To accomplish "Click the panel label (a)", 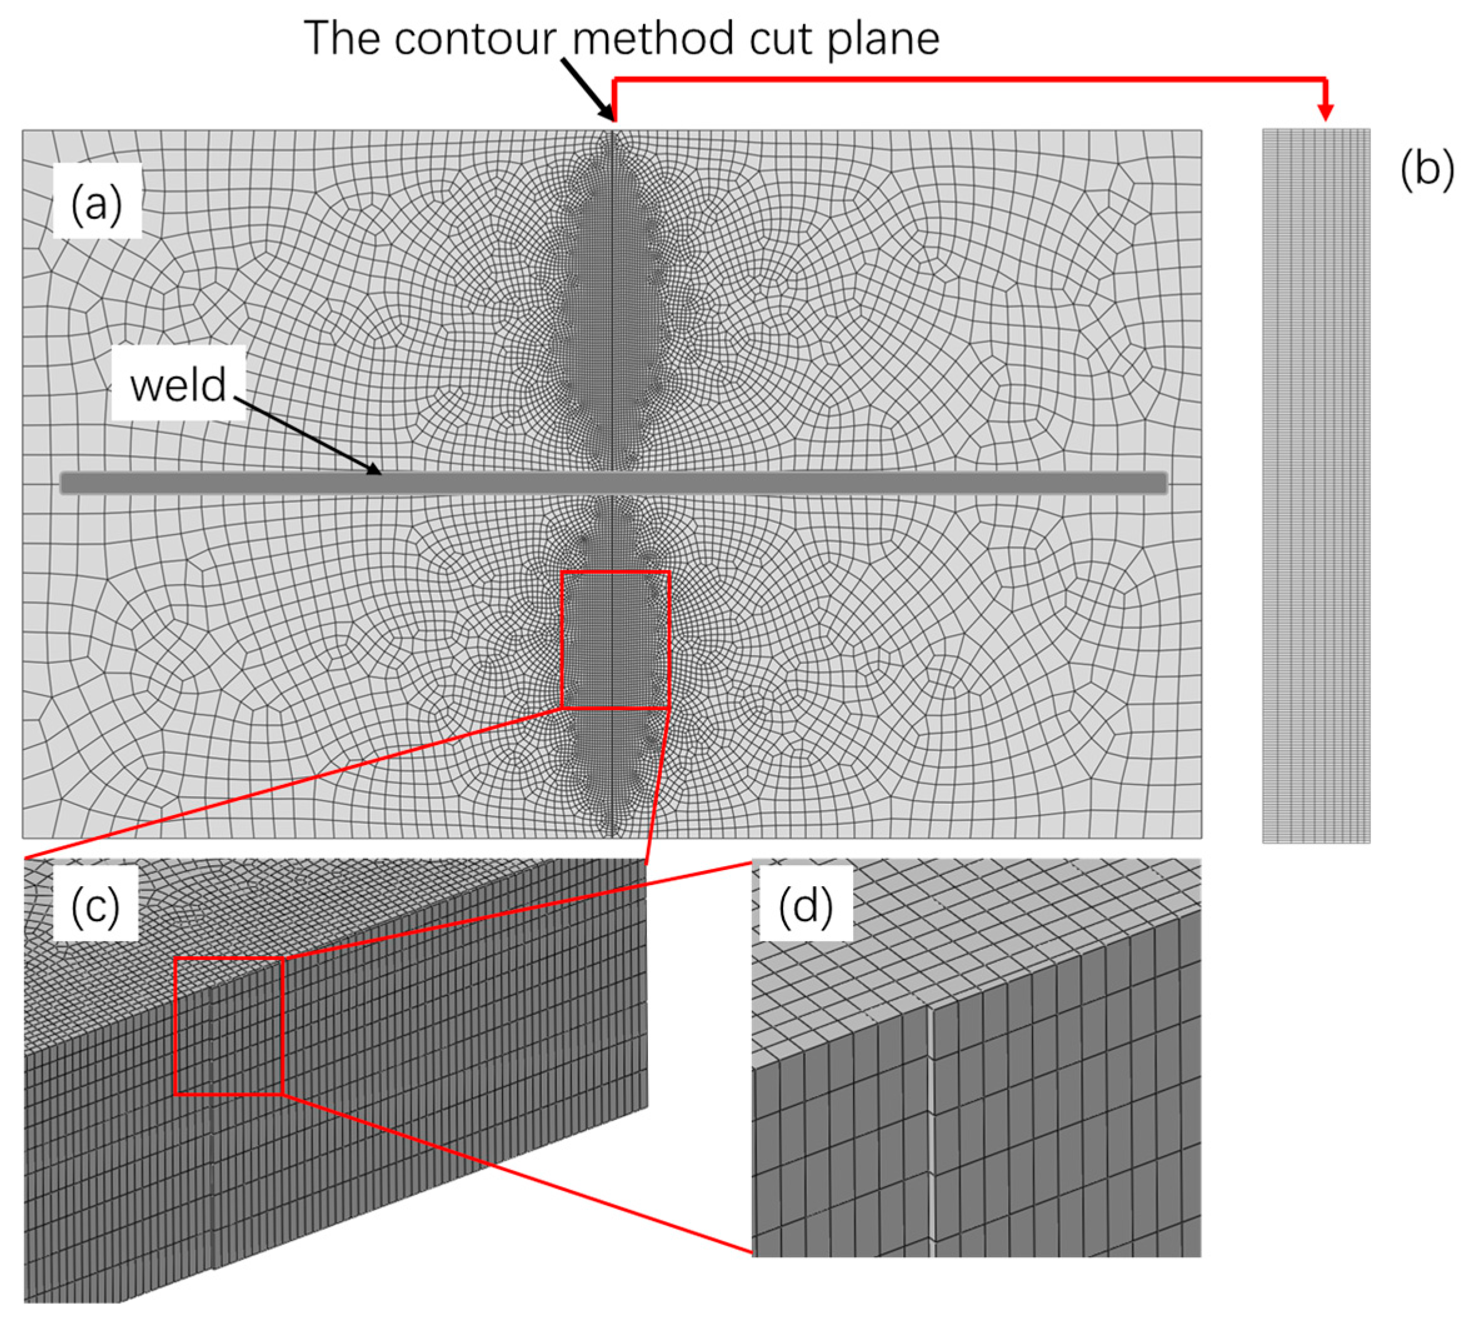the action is click(96, 204).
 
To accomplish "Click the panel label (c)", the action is click(96, 905).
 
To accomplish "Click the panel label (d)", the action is click(806, 905).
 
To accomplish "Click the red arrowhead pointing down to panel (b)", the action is click(1326, 111).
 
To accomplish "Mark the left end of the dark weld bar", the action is click(64, 483).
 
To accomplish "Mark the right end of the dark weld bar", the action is click(1165, 483).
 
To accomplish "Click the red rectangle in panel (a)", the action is click(562, 640).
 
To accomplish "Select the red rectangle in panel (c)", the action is click(176, 1025).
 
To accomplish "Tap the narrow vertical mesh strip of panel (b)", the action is click(1316, 485).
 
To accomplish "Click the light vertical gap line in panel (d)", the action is click(931, 1135).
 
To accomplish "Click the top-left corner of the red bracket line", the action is click(615, 79).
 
